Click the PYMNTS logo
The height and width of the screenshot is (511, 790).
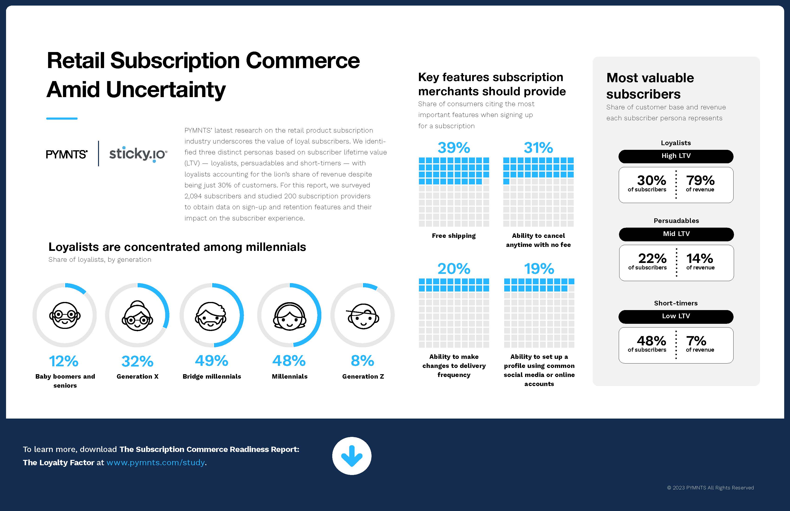click(x=67, y=154)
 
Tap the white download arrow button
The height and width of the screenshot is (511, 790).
click(x=352, y=456)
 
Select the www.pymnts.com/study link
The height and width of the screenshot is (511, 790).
click(x=155, y=462)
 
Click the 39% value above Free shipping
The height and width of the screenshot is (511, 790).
click(x=454, y=148)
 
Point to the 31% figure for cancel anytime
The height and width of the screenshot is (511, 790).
click(x=538, y=148)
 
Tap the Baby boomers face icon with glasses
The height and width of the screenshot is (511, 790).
click(x=65, y=315)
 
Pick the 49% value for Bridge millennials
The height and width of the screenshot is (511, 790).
click(x=211, y=361)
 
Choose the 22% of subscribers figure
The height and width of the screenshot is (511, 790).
click(x=652, y=259)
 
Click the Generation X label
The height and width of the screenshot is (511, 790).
click(x=137, y=376)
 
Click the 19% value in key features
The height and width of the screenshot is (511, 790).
click(x=539, y=269)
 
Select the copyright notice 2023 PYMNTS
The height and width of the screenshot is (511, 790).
click(x=710, y=488)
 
